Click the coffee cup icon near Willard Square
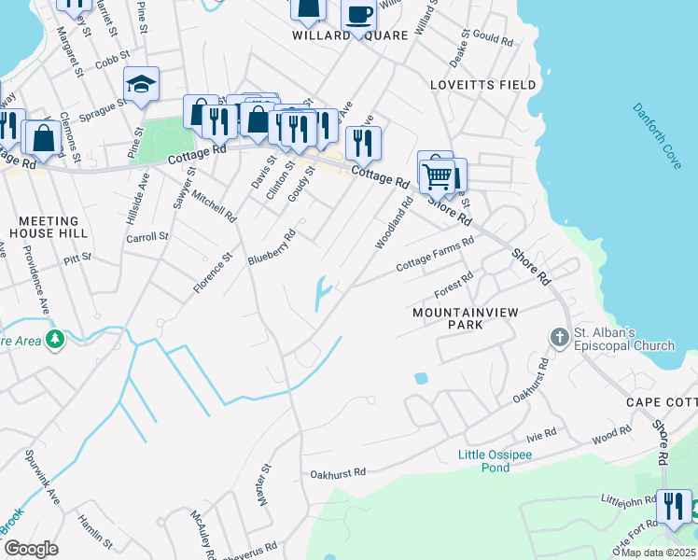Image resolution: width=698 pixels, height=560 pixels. [x=357, y=15]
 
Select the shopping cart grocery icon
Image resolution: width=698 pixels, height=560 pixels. [x=437, y=174]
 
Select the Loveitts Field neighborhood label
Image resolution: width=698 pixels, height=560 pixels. [x=483, y=85]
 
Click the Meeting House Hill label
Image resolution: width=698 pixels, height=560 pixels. [x=53, y=227]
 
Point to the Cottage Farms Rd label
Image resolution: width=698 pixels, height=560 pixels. [x=435, y=253]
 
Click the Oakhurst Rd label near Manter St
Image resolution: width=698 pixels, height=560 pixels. [x=339, y=473]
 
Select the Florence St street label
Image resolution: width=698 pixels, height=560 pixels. [x=213, y=272]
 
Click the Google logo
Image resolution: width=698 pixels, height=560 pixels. [x=31, y=550]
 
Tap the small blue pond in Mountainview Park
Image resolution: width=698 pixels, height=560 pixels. [x=421, y=379]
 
